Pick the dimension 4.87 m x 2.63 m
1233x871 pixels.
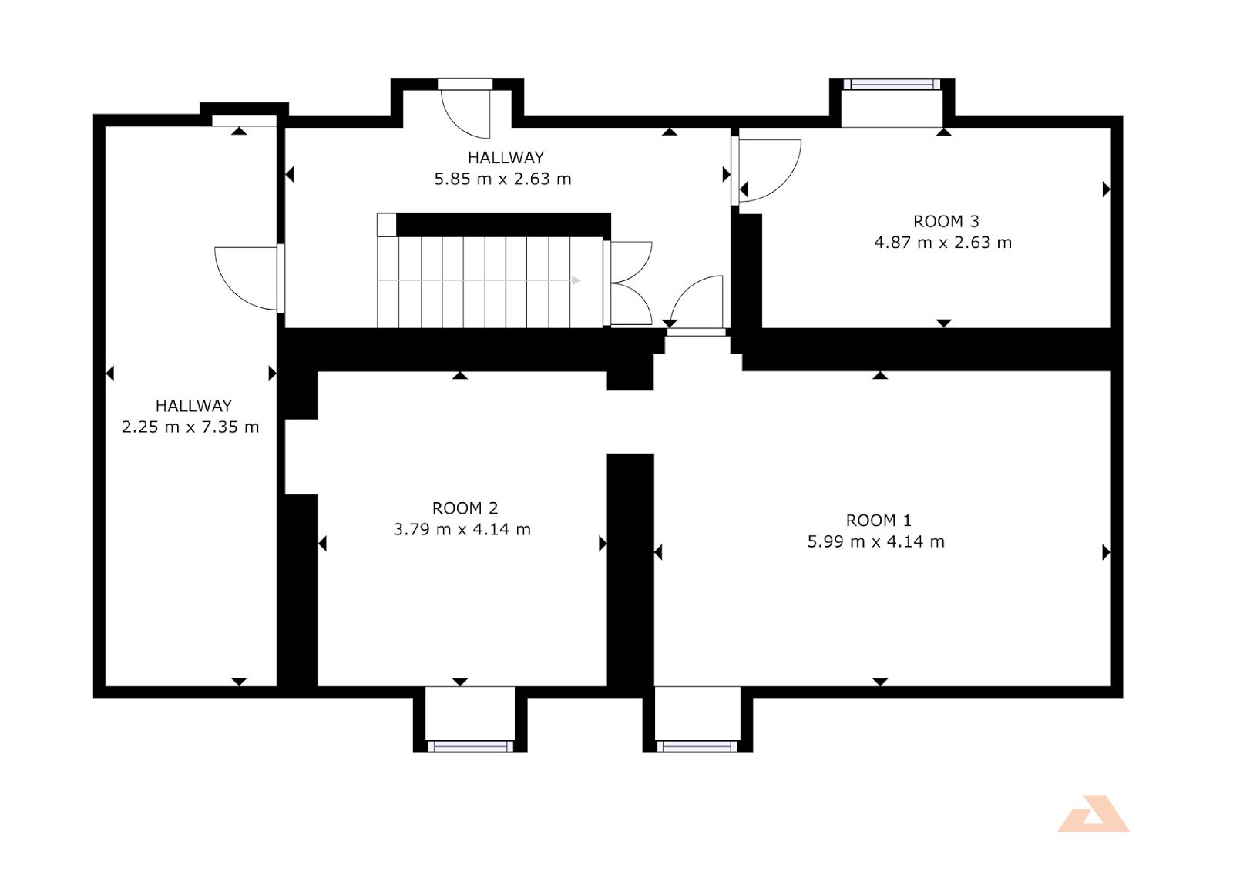point(943,243)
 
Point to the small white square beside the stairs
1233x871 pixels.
point(386,225)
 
